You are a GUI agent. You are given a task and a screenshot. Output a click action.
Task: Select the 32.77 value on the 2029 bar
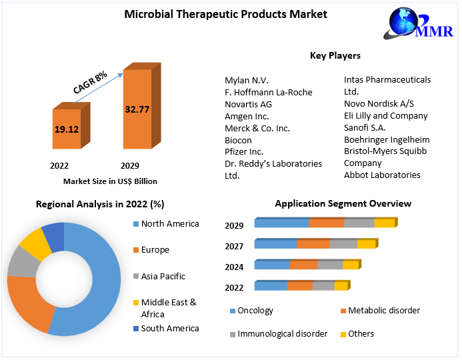[x=137, y=109]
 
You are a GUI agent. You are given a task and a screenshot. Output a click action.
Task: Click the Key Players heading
[x=335, y=55]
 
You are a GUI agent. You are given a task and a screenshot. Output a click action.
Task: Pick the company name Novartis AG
[x=248, y=104]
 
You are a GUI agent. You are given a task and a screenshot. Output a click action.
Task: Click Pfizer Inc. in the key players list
[x=244, y=152]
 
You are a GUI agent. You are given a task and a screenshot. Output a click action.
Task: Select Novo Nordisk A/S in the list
[x=379, y=103]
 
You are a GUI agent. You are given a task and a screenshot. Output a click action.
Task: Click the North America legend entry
[x=169, y=224]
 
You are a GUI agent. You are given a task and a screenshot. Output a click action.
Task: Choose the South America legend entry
[x=169, y=328]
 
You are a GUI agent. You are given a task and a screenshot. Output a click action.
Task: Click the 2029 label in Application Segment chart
[x=234, y=226]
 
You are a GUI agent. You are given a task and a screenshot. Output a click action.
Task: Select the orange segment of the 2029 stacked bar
[x=326, y=223]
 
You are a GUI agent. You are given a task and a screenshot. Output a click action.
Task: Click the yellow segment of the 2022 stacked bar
[x=341, y=286]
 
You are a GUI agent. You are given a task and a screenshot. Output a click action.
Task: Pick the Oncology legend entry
[x=255, y=311]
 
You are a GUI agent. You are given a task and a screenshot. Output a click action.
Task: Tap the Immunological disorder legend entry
[x=282, y=333]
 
